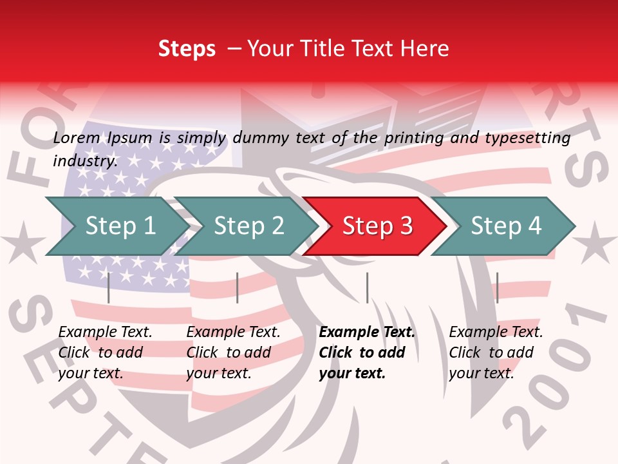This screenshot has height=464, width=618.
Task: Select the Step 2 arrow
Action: coord(248,226)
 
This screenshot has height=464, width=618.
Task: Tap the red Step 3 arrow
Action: coord(377,226)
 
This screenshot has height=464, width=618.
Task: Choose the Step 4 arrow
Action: coord(506,226)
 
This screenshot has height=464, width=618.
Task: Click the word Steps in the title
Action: coord(187,49)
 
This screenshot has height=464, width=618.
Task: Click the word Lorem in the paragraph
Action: coord(77,138)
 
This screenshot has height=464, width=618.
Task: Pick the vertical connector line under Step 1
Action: coord(109,287)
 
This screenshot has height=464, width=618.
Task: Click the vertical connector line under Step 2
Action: coord(238,287)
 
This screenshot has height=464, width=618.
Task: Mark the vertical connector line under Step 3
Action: coord(367,287)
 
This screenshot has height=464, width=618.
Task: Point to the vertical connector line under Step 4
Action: coord(497,287)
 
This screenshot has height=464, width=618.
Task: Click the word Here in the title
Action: coord(426,49)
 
